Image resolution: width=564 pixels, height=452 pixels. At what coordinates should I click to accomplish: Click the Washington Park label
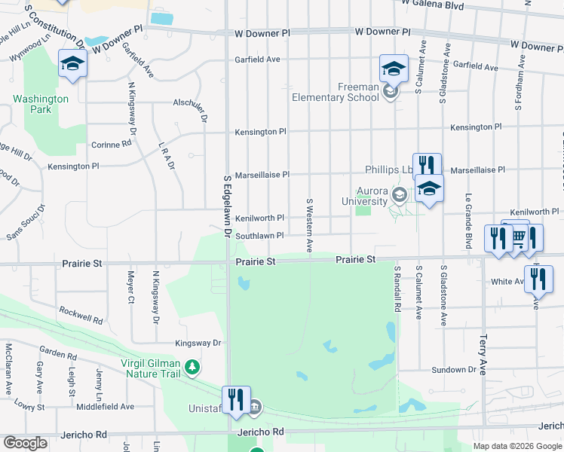[41, 104]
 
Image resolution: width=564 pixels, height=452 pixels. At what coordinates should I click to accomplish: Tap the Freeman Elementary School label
[336, 92]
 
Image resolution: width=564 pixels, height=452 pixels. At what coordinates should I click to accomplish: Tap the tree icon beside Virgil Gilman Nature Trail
[194, 367]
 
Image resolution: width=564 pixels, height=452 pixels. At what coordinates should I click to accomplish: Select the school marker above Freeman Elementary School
[394, 69]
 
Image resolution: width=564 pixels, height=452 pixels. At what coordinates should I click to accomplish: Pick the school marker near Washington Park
[72, 64]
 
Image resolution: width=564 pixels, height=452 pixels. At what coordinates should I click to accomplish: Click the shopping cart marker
[518, 237]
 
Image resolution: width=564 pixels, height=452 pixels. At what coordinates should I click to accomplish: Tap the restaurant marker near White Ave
[538, 279]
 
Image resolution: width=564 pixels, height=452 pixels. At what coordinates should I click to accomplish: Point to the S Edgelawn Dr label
[226, 206]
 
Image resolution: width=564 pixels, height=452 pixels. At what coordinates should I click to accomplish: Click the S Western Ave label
[309, 225]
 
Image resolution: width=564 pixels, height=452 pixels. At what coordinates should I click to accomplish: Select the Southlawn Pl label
[259, 236]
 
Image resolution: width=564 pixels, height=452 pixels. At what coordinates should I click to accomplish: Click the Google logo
[25, 443]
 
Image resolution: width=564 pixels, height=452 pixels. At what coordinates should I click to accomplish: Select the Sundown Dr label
[454, 370]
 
